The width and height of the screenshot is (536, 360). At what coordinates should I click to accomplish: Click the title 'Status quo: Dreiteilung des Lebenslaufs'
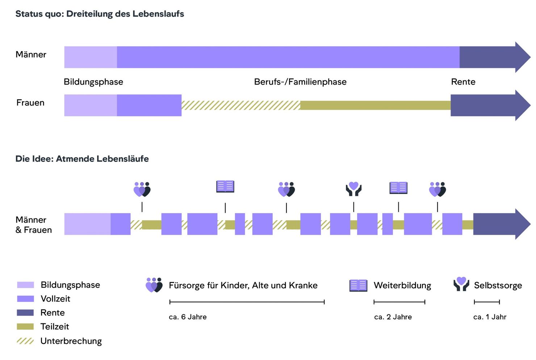coord(100,14)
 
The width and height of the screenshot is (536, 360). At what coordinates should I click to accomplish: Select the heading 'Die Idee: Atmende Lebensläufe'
coord(82,159)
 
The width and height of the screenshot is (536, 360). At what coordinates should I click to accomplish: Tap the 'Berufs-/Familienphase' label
coord(300,82)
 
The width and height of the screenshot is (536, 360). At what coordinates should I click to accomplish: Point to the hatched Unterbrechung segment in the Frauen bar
coord(240,105)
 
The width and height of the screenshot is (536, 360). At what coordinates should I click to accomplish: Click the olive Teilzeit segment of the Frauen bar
coord(375,105)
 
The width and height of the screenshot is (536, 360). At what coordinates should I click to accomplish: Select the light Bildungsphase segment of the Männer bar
coord(91,57)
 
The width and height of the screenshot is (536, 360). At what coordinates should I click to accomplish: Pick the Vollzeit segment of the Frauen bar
coord(149,105)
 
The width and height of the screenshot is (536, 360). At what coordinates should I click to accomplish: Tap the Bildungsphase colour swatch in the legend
coord(25,285)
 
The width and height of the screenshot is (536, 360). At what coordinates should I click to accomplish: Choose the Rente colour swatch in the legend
coord(25,313)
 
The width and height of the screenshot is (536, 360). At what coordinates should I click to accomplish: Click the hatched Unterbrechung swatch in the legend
coord(25,341)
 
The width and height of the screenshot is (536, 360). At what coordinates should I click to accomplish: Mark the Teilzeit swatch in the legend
coord(25,327)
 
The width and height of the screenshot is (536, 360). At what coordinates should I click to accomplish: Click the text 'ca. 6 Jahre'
coord(188,317)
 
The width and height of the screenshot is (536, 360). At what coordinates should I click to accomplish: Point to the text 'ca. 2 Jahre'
coord(393,317)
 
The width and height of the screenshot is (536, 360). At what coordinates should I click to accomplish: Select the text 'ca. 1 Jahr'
coord(490,317)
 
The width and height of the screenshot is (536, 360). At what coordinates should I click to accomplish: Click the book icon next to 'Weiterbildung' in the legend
coord(358,285)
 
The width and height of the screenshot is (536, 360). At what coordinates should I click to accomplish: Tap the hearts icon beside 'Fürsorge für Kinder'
coord(154,285)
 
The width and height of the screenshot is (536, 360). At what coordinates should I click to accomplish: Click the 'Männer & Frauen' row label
coord(34,225)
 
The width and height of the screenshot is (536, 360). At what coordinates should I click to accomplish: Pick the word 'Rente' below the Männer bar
coord(463,82)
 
